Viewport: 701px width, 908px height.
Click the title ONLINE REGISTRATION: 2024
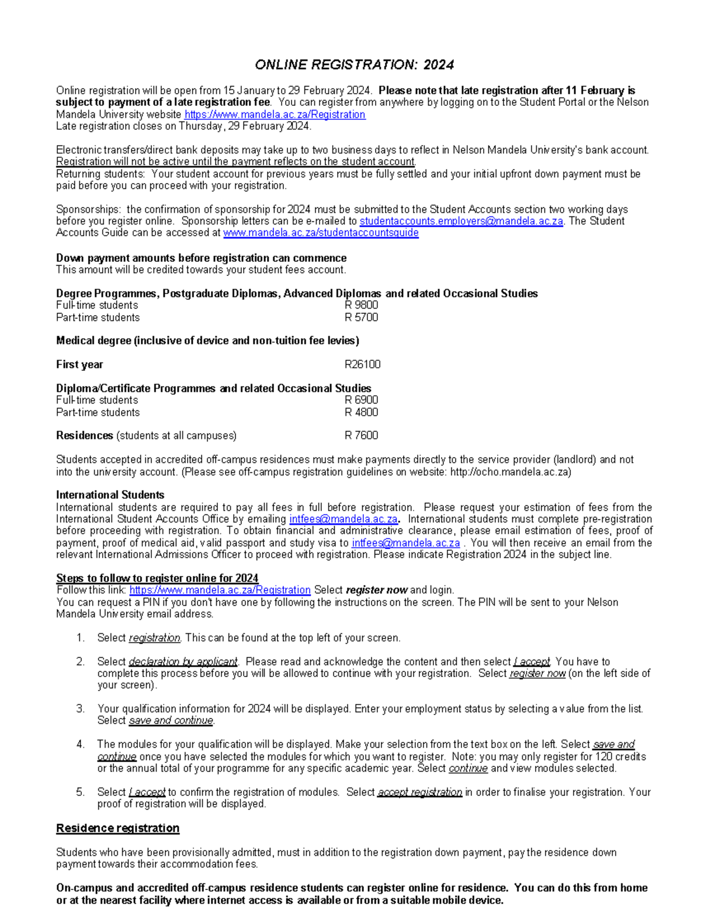click(354, 65)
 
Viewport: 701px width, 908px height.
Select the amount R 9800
click(361, 305)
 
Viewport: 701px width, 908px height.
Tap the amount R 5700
click(361, 317)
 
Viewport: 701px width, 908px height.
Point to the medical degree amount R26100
click(362, 365)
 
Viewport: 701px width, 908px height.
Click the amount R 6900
click(361, 400)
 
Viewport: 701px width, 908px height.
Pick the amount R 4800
click(361, 412)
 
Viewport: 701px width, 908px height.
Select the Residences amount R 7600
click(361, 436)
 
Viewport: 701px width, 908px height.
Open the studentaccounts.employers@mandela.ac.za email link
click(461, 221)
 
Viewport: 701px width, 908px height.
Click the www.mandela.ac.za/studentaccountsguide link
click(321, 233)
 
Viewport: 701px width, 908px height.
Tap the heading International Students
click(110, 495)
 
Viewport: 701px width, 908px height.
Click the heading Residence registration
click(117, 828)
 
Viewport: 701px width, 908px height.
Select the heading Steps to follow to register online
click(157, 578)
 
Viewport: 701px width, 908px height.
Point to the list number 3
click(80, 709)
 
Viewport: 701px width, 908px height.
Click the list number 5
click(80, 792)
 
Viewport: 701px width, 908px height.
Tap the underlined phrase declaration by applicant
click(183, 662)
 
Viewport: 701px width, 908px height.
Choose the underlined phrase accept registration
click(419, 792)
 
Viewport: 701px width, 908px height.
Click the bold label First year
click(79, 365)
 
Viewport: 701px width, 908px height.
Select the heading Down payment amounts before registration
click(201, 258)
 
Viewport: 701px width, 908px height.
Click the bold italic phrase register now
click(376, 590)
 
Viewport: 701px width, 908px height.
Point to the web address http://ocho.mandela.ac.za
click(510, 472)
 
